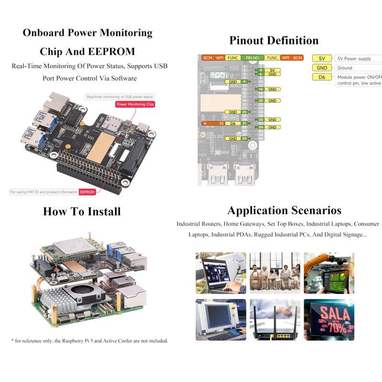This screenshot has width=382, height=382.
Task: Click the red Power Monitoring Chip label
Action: click(x=136, y=104)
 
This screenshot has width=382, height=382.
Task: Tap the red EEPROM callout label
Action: click(x=87, y=192)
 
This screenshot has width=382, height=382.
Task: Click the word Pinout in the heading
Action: click(x=249, y=41)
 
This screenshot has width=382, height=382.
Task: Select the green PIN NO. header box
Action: click(x=253, y=58)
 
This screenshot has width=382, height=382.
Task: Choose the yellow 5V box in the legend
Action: click(x=322, y=59)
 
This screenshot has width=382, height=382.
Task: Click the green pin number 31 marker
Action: click(x=244, y=123)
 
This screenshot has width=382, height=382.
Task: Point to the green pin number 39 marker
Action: click(x=244, y=138)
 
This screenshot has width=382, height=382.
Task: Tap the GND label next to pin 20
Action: click(x=272, y=101)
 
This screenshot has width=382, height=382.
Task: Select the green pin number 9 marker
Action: click(x=244, y=82)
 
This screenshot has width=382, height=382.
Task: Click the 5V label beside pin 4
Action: click(x=272, y=70)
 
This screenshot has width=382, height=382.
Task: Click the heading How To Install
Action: click(x=82, y=212)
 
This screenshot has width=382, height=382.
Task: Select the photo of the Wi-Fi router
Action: click(x=275, y=319)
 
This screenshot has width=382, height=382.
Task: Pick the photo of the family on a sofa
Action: click(x=275, y=273)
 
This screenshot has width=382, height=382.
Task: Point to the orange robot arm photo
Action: click(x=329, y=273)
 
